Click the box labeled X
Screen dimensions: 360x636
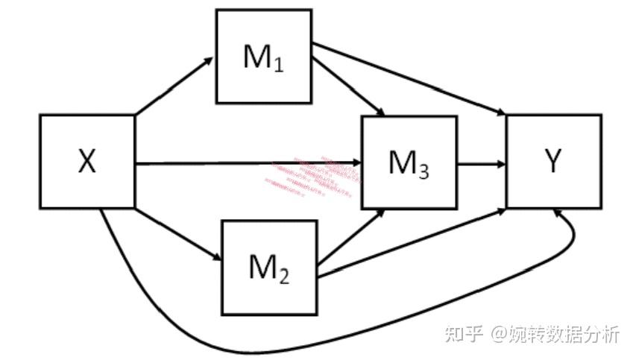pos(87,161)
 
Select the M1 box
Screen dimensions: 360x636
pos(263,57)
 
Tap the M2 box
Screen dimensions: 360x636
pos(269,267)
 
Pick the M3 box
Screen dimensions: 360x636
pos(409,162)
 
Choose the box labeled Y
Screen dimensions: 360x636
pos(553,161)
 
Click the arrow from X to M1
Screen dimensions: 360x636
pos(174,86)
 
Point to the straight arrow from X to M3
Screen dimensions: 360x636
pos(224,161)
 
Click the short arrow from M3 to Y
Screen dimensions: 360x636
pos(481,162)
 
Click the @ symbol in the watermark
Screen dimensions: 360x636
pos(499,334)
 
